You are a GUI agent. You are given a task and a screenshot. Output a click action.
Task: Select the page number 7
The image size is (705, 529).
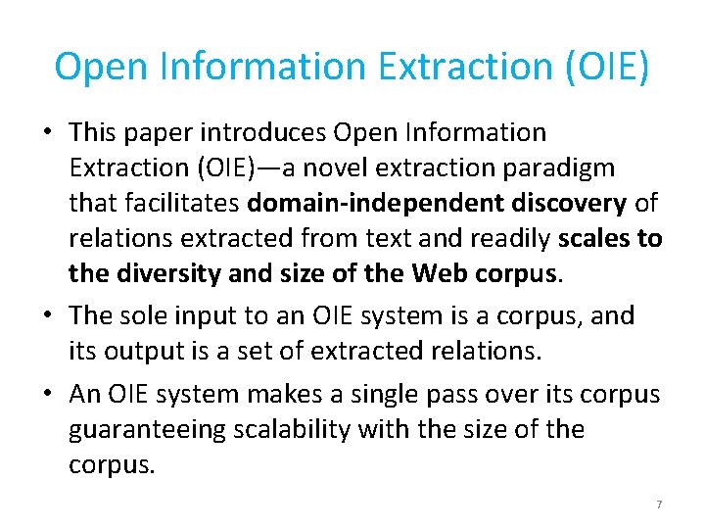click(x=659, y=505)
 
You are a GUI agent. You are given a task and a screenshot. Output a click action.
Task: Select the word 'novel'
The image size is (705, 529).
click(x=344, y=168)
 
